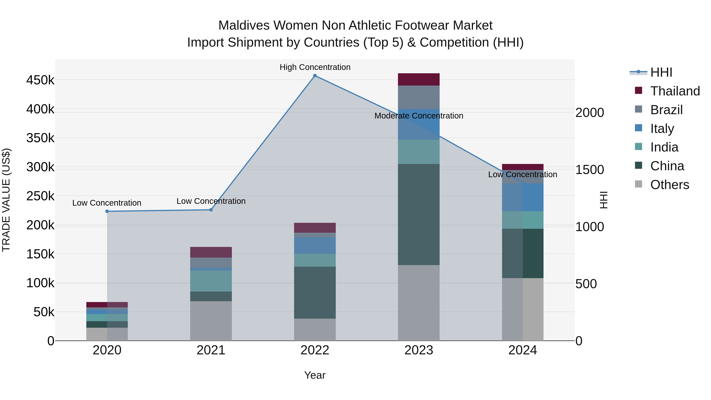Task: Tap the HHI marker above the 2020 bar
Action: (x=107, y=211)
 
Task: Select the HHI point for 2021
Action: (x=211, y=210)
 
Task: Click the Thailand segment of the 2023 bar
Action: (x=419, y=79)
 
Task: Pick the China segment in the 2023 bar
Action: (x=419, y=215)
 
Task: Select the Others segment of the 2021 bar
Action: (x=211, y=321)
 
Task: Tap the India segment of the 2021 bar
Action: (x=211, y=281)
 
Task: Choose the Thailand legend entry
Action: (x=675, y=91)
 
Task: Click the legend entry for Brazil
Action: (x=666, y=110)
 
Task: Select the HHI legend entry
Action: (x=661, y=72)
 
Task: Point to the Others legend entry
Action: (x=669, y=185)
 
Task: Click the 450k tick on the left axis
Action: (x=40, y=80)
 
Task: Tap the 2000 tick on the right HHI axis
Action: (x=590, y=113)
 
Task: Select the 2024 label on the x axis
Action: (x=522, y=350)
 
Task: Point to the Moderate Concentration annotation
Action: (x=419, y=116)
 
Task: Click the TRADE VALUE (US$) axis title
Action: (x=6, y=200)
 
